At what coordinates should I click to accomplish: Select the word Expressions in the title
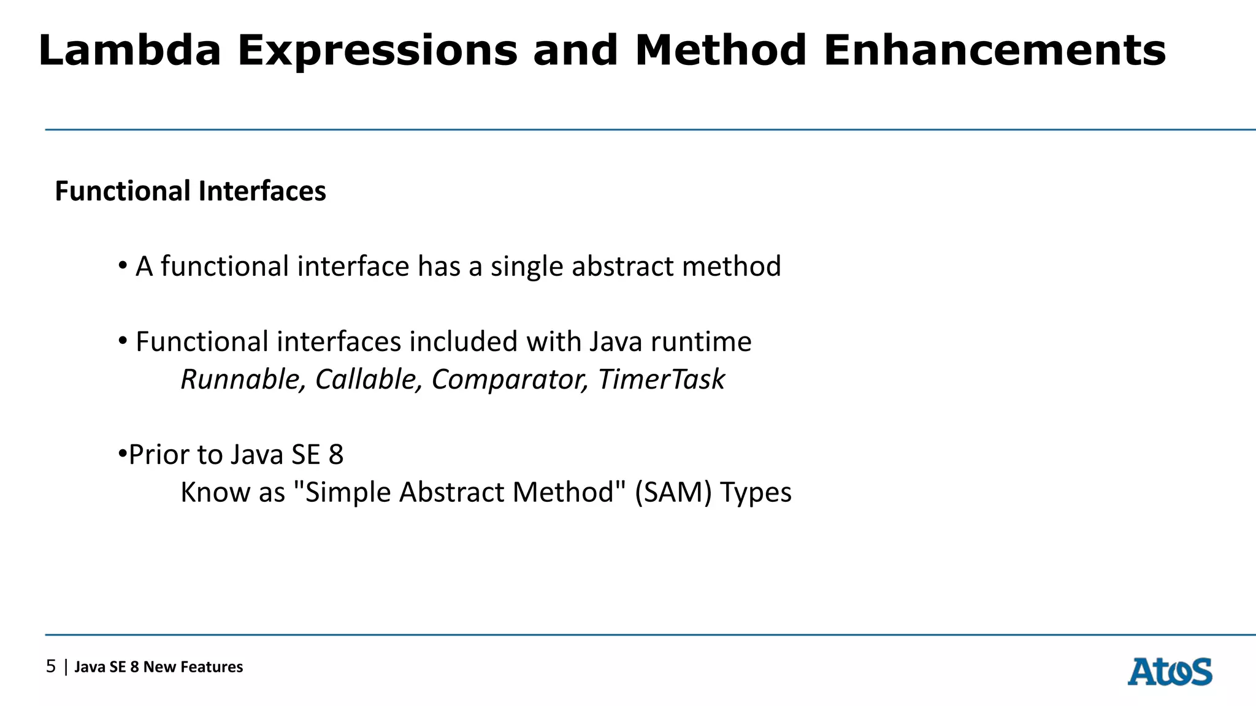click(377, 51)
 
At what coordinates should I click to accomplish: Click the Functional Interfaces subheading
click(190, 191)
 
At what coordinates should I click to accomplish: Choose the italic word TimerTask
click(661, 379)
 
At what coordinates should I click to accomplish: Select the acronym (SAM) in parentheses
click(673, 492)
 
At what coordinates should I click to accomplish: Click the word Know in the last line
click(215, 492)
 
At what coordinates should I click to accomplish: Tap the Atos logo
click(1170, 672)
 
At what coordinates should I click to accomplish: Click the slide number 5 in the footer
click(51, 667)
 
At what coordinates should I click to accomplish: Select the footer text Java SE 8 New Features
click(159, 667)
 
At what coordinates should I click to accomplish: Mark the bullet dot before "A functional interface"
click(123, 266)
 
